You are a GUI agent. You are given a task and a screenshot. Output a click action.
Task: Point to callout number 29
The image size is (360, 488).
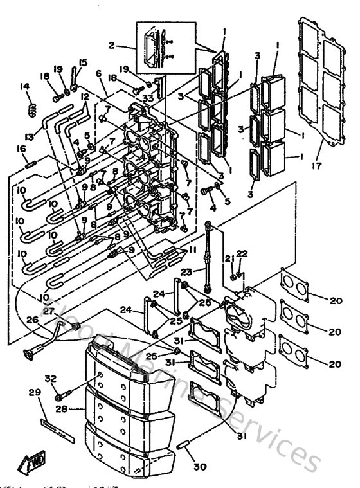point(34,392)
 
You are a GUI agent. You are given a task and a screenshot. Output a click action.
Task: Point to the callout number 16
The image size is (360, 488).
point(21,149)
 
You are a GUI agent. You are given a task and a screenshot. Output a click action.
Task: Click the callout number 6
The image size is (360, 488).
point(99,75)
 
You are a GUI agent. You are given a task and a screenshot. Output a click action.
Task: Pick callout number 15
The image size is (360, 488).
point(82,62)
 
